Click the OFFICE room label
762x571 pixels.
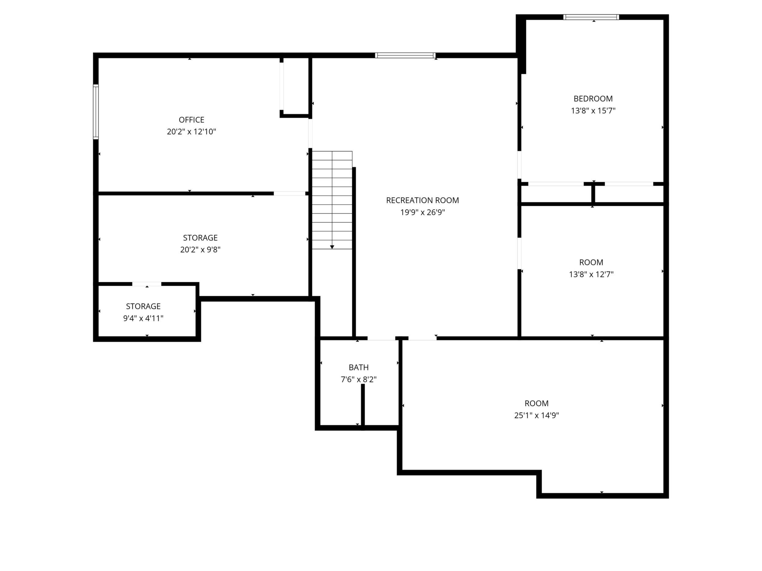click(x=191, y=120)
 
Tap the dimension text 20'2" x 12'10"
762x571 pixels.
click(x=191, y=131)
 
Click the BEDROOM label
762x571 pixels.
click(x=593, y=99)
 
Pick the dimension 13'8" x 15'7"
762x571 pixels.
click(x=593, y=111)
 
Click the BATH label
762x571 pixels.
click(x=359, y=368)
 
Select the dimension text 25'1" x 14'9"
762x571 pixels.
click(x=536, y=415)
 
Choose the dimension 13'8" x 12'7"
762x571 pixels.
click(x=591, y=274)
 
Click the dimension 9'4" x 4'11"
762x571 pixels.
click(x=143, y=318)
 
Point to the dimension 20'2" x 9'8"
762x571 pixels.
click(x=200, y=250)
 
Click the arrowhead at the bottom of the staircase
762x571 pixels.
click(x=332, y=247)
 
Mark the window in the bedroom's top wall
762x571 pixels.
click(x=591, y=17)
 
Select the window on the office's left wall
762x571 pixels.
click(x=96, y=112)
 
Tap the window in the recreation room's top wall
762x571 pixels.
click(x=405, y=56)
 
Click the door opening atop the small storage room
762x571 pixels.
click(x=147, y=284)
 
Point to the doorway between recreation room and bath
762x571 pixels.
click(x=381, y=338)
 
